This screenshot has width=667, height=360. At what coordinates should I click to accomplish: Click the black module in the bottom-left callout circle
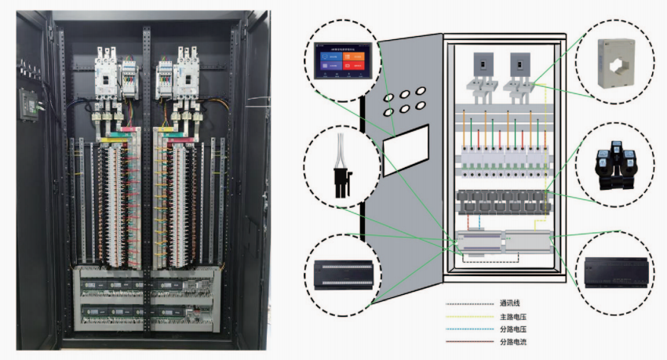pos(342,270)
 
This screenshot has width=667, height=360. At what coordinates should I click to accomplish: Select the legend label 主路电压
pos(515,317)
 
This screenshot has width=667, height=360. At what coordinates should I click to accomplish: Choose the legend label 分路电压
pos(515,329)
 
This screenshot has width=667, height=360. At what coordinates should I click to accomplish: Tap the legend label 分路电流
pos(515,343)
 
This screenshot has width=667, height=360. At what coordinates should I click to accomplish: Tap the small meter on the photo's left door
pos(28,100)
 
